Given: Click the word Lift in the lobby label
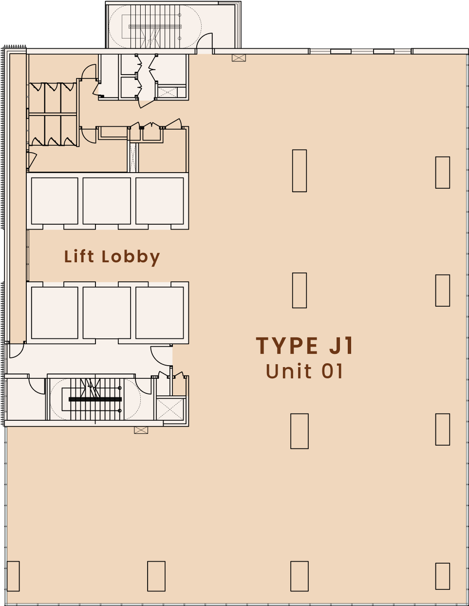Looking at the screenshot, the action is click(79, 256).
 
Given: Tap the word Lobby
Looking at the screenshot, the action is click(131, 257).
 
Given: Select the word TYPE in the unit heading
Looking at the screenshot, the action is click(287, 346).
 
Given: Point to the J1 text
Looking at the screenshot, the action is click(341, 346).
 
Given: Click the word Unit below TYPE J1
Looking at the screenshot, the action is click(289, 371).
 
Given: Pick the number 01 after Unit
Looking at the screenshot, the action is click(332, 371).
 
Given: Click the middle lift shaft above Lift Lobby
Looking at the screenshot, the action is click(107, 201).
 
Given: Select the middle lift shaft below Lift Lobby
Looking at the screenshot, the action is click(107, 313).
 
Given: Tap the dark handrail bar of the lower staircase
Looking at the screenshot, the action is click(95, 399).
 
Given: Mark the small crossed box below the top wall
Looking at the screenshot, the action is click(239, 58).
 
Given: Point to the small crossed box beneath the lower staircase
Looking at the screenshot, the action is click(141, 430).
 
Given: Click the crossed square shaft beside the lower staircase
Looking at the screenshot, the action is click(170, 409).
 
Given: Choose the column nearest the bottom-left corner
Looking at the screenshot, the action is click(13, 576).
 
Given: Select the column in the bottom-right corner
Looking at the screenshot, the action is click(443, 576).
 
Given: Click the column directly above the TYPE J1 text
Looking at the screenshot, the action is click(300, 290).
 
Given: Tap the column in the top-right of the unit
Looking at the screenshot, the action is click(443, 173).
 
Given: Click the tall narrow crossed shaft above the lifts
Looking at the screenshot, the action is click(133, 157).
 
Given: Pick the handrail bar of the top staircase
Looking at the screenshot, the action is click(155, 27).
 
